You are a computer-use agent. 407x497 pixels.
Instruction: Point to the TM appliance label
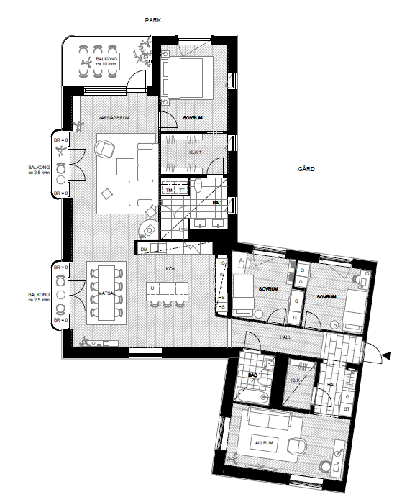170,191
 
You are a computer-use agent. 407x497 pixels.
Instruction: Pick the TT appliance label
181,191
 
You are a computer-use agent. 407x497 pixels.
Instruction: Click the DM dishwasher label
144,249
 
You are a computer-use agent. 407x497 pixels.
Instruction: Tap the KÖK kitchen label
170,268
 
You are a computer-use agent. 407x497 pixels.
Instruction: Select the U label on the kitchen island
152,288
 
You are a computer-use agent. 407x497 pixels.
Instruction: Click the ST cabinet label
347,410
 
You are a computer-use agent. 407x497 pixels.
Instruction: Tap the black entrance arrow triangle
387,355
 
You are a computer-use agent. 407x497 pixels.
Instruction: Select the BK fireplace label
143,236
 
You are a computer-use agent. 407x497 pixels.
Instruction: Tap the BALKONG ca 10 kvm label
107,62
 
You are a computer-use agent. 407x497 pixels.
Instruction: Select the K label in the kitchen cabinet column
222,274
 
